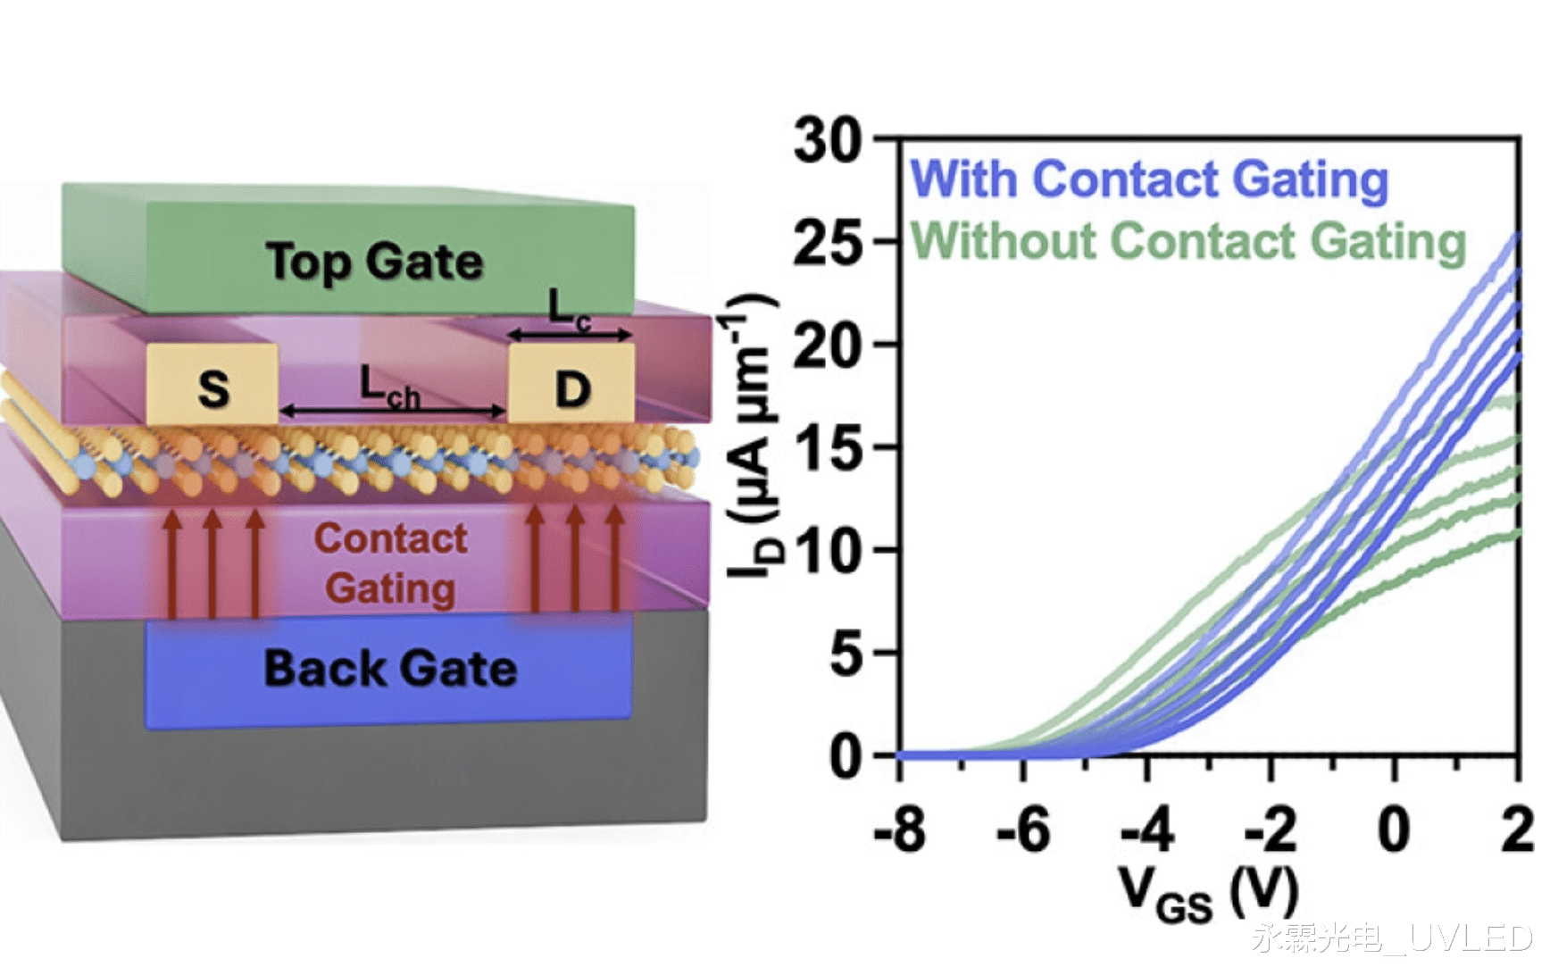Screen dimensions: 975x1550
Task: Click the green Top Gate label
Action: coord(374,262)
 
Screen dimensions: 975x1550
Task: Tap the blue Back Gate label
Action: coord(390,669)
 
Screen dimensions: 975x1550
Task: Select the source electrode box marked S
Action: coord(212,386)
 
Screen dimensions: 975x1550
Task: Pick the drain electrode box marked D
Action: coord(572,388)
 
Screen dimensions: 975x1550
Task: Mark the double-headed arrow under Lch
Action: coord(393,412)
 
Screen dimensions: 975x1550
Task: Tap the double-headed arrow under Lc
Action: coord(570,335)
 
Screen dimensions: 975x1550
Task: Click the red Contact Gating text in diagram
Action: coord(390,563)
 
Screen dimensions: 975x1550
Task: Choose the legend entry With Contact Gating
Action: coord(1149,179)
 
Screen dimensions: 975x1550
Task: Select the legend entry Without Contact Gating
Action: coord(1188,241)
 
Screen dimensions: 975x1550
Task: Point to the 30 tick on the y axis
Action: coord(828,140)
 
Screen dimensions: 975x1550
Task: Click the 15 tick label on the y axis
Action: coord(828,448)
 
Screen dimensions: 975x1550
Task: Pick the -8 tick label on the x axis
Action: coord(900,830)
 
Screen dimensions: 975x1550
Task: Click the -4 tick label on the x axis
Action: coord(1147,830)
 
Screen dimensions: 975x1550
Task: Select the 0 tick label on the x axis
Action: coord(1394,830)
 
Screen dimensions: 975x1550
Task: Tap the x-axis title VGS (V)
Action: coord(1209,893)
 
